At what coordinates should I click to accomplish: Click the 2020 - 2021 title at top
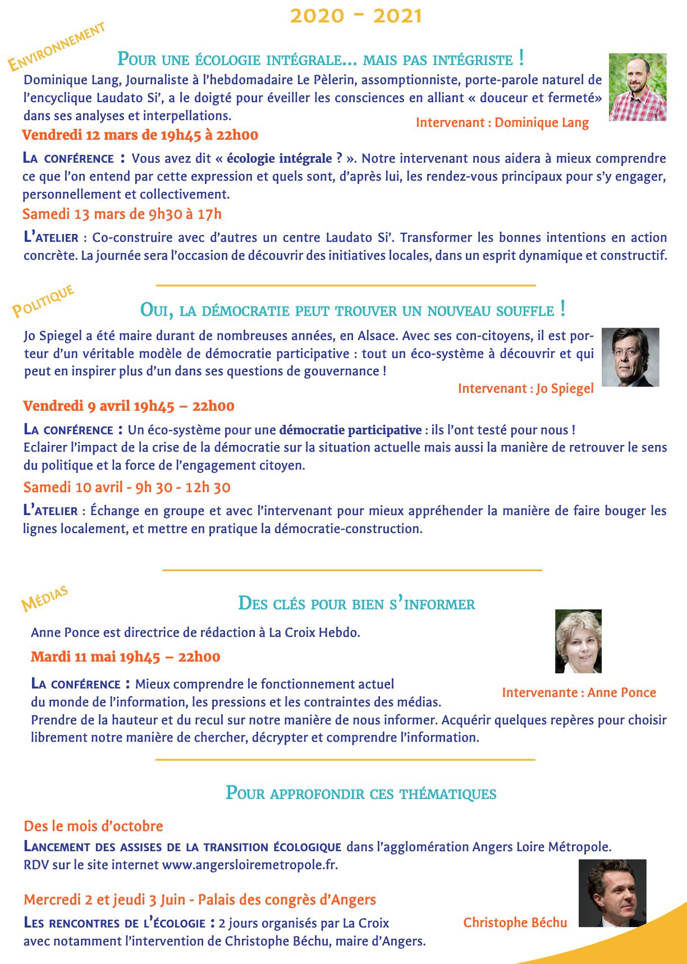[356, 16]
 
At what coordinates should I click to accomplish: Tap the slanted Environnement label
[56, 47]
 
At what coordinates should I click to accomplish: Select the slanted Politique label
[43, 301]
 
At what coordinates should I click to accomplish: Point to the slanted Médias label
[45, 599]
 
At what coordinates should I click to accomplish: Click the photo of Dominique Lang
[638, 87]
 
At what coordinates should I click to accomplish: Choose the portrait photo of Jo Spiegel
[630, 357]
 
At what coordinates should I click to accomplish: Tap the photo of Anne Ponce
[578, 641]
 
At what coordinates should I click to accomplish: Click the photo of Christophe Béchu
[612, 893]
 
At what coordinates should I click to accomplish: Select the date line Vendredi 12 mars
[140, 135]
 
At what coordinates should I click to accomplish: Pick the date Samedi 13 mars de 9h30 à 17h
[122, 214]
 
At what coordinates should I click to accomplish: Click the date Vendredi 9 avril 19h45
[129, 406]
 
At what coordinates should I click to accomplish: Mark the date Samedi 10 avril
[127, 487]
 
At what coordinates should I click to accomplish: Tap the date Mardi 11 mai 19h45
[125, 657]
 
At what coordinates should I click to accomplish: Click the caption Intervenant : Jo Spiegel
[525, 388]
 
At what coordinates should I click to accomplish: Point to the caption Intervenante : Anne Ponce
[579, 692]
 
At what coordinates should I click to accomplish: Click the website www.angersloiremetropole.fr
[250, 865]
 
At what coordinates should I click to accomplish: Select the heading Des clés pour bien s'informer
[356, 604]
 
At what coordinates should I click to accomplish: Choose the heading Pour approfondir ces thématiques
[361, 793]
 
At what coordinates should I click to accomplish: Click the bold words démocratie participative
[350, 430]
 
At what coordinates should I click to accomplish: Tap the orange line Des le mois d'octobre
[93, 826]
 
